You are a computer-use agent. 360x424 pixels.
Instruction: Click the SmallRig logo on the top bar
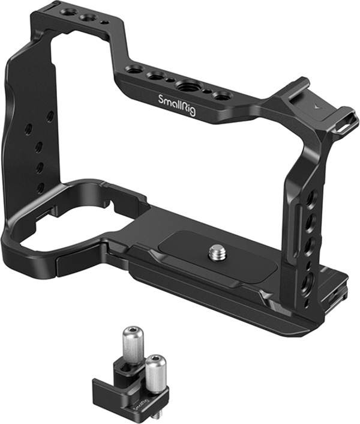click(x=176, y=105)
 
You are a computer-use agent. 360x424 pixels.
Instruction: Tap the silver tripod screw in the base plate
click(x=217, y=252)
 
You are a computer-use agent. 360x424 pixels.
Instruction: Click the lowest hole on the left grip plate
click(x=41, y=187)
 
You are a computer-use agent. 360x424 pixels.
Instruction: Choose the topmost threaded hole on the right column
click(x=314, y=195)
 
